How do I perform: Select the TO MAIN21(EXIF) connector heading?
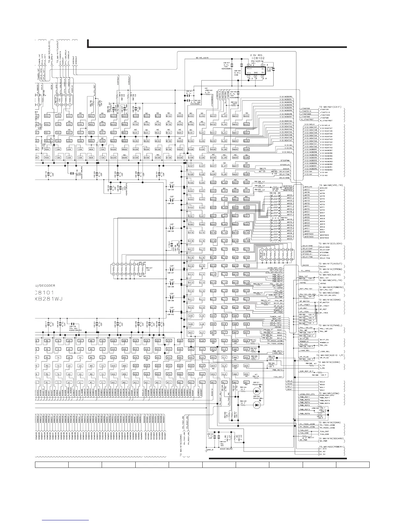[x=331, y=106]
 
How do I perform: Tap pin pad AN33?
[x=246, y=116]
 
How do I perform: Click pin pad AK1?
[x=213, y=382]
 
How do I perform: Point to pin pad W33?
[x=91, y=116]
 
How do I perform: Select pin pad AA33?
[x=114, y=116]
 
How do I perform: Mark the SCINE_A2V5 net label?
[x=202, y=58]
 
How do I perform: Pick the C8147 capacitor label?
[x=226, y=62]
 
